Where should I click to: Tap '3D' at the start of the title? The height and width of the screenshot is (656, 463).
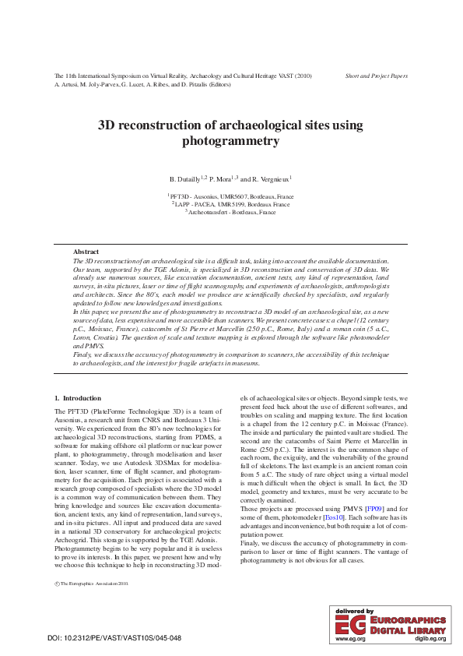click(x=107, y=125)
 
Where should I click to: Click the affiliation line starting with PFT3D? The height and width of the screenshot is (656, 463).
click(x=231, y=197)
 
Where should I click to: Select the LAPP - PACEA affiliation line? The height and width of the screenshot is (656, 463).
click(x=231, y=204)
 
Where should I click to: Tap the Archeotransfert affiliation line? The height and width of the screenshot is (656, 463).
click(x=231, y=211)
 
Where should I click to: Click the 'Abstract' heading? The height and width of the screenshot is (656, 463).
click(x=86, y=252)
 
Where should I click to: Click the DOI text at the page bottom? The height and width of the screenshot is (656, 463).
click(x=114, y=638)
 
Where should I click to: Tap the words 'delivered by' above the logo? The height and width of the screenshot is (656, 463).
click(x=354, y=610)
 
